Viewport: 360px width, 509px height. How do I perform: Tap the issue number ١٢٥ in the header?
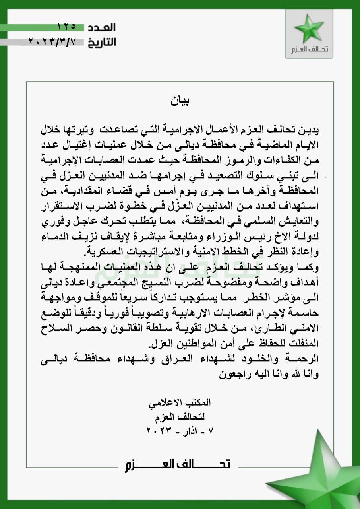[x=66, y=27]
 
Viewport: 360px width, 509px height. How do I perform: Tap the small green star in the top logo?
[x=309, y=29]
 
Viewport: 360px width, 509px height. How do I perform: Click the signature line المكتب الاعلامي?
[x=180, y=402]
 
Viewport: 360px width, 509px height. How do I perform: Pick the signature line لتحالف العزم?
[x=180, y=417]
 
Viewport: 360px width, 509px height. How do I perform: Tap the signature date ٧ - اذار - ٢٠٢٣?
[x=180, y=431]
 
